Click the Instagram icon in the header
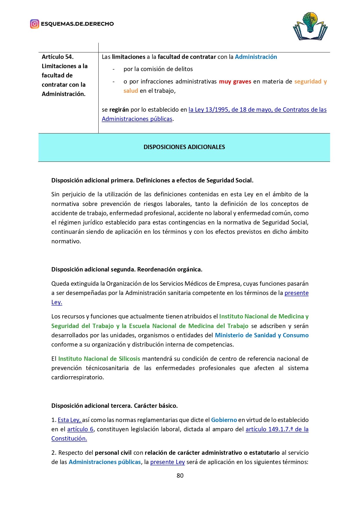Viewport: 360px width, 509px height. pos(35,24)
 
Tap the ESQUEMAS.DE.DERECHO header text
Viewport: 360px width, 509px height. pos(77,24)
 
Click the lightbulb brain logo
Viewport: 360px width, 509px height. pos(310,26)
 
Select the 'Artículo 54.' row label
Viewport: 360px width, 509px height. pos(58,57)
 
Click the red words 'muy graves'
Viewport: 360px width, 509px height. pos(235,81)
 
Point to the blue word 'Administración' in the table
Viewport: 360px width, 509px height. pos(256,57)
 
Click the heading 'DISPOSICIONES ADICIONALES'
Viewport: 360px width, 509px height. pos(184,147)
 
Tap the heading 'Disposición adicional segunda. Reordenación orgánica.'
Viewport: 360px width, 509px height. pos(127,269)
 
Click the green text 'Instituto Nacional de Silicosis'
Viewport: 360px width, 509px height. pos(99,359)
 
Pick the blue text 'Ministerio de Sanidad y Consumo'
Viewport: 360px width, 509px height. pos(262,335)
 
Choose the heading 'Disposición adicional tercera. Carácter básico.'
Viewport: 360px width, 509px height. pos(115,406)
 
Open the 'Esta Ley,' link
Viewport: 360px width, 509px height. pos(70,420)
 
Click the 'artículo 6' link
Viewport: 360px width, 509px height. pos(80,429)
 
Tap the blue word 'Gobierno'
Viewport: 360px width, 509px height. pos(224,420)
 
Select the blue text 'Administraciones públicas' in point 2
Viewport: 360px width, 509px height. pos(105,462)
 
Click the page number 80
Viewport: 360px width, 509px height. pos(180,475)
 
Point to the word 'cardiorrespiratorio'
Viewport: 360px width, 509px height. pos(77,377)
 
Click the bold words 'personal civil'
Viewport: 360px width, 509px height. pos(113,453)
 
